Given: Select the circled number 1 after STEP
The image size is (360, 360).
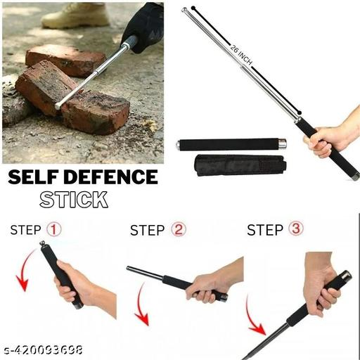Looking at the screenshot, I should pyautogui.click(x=54, y=230).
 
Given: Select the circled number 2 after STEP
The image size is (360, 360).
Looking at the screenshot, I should pyautogui.click(x=179, y=230).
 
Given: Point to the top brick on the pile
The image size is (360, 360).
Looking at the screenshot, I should pyautogui.click(x=65, y=59).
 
